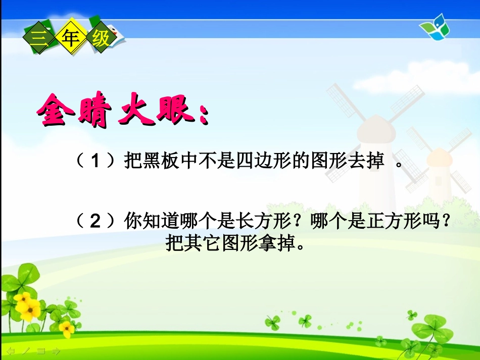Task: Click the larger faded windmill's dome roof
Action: (x=374, y=126)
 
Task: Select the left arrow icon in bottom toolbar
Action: (x=11, y=350)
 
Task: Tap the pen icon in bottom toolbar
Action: (x=26, y=350)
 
